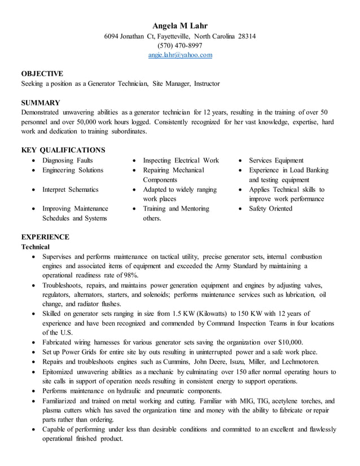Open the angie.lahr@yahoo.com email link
click(x=180, y=55)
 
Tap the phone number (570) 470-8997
click(x=180, y=46)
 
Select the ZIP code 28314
click(x=246, y=37)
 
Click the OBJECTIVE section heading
click(x=42, y=73)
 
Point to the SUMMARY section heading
click(x=41, y=103)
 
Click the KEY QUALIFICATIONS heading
click(x=63, y=150)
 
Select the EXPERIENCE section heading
click(x=45, y=237)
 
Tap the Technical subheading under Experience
click(x=35, y=247)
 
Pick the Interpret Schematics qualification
click(x=70, y=190)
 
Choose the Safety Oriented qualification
click(x=270, y=209)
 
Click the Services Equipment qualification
click(x=276, y=160)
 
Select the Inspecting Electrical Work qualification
click(x=181, y=160)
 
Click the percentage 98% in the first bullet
click(x=130, y=275)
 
